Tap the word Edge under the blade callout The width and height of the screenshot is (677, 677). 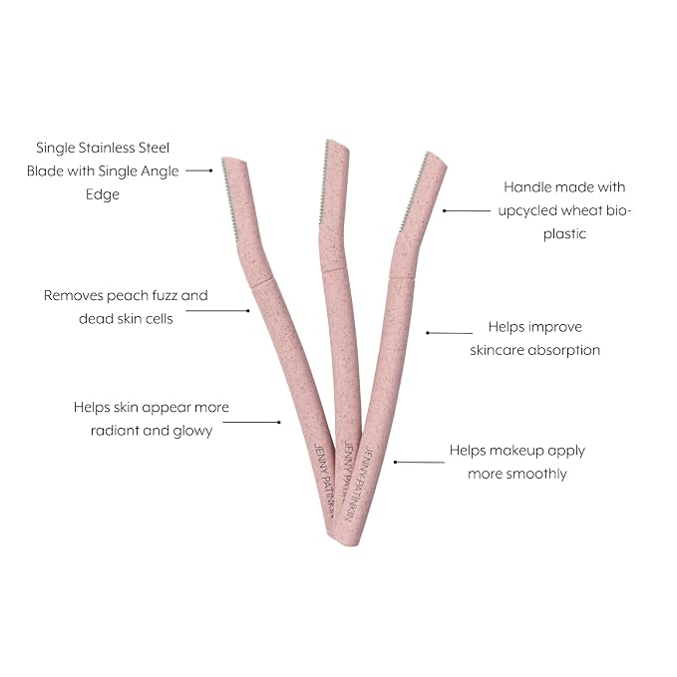tap(103, 194)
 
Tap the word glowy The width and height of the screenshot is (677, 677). tap(192, 432)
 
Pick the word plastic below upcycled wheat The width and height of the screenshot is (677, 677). tap(564, 234)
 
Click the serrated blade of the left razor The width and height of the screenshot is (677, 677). tap(229, 197)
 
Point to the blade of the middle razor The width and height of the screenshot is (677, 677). tap(323, 181)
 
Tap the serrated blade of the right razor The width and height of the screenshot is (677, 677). tap(413, 191)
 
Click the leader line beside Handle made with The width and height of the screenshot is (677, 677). tap(467, 210)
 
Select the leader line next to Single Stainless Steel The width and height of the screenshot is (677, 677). tap(199, 170)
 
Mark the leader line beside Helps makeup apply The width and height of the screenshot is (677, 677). tap(419, 462)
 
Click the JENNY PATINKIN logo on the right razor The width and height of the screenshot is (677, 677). tap(359, 484)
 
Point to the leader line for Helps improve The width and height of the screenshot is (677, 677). tap(449, 333)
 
